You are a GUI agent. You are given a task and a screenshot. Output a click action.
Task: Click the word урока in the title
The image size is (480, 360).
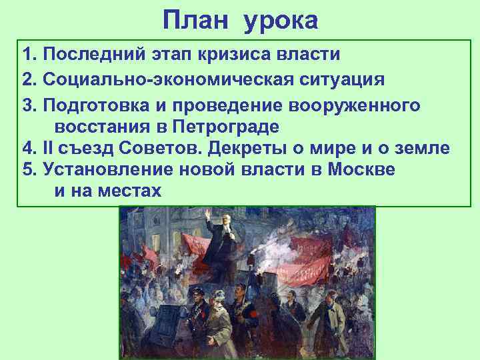click(281, 21)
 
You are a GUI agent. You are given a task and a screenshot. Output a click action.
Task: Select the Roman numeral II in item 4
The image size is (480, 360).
click(47, 148)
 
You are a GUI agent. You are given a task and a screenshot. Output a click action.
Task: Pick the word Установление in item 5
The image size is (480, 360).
click(109, 169)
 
